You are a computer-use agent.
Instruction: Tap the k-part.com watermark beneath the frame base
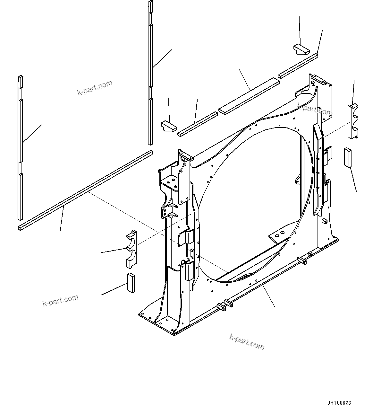click(247, 341)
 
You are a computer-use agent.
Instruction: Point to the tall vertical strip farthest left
click(20, 148)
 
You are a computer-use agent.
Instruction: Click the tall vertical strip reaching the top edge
click(150, 74)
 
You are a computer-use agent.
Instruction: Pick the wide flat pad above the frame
click(249, 95)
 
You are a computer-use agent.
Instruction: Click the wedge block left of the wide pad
click(168, 126)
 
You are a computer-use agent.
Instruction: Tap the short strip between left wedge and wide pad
click(198, 124)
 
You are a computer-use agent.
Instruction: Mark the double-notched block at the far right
click(353, 121)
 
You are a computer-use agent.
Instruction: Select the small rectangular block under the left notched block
click(131, 283)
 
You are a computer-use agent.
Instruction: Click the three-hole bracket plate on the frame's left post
click(171, 183)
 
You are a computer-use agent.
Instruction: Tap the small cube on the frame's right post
click(324, 221)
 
